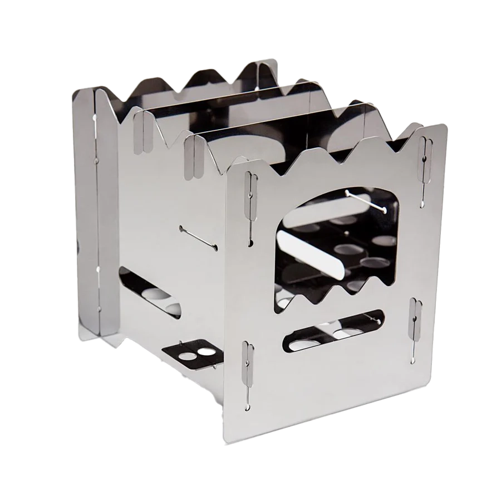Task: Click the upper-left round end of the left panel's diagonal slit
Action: [x=181, y=228]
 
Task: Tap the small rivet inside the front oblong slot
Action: [x=379, y=321]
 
